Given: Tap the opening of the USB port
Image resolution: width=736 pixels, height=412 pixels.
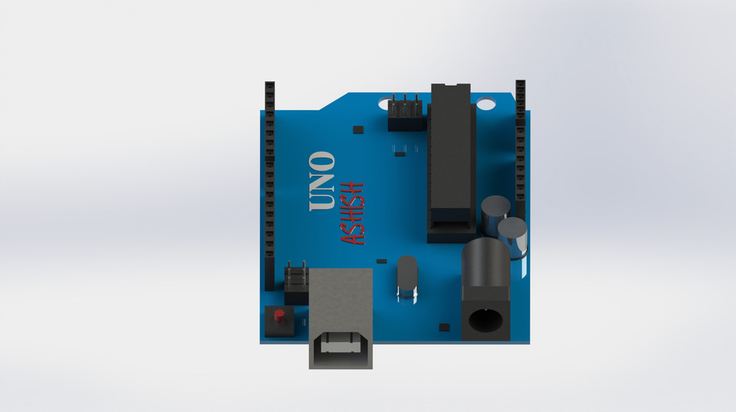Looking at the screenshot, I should pyautogui.click(x=340, y=345).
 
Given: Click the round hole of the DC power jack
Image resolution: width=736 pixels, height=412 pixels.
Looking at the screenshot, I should pyautogui.click(x=485, y=319).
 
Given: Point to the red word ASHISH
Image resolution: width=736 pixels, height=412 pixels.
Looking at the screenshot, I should pyautogui.click(x=353, y=213).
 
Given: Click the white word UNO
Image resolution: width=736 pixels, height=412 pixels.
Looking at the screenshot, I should pyautogui.click(x=322, y=181).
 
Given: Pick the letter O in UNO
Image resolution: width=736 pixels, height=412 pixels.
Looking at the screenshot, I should pyautogui.click(x=322, y=162).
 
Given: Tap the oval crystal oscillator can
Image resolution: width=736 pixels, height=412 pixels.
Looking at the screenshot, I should pyautogui.click(x=406, y=273).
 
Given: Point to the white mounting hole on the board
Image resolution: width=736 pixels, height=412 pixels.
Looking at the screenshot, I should pyautogui.click(x=486, y=103).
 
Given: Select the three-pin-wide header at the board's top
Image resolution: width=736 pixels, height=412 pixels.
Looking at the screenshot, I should pyautogui.click(x=405, y=113).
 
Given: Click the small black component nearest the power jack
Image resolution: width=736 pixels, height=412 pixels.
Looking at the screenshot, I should pyautogui.click(x=444, y=327).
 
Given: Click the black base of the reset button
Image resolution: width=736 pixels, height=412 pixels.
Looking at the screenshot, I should pyautogui.click(x=279, y=325).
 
